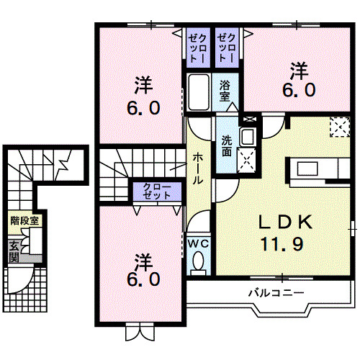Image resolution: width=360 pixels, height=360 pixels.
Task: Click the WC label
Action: [197, 243]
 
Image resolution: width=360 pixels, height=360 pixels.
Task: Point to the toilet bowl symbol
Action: [200, 263]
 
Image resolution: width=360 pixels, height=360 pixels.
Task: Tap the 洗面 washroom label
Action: [227, 147]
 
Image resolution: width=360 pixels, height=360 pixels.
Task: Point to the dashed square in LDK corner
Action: [338, 127]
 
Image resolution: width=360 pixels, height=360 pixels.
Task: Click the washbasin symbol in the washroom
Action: [247, 136]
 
